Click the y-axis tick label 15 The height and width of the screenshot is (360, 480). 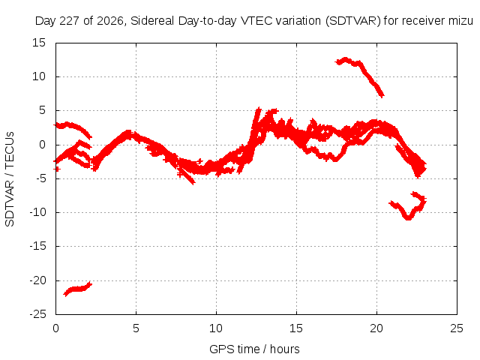39,43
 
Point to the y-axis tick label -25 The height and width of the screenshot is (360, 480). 38,314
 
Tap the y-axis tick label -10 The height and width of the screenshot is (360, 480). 38,212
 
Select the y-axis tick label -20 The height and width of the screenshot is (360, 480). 38,280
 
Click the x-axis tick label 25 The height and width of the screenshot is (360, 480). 457,328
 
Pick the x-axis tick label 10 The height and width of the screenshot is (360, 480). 216,328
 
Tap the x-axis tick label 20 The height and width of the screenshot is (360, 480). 376,328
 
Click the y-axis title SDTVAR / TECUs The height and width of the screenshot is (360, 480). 10,179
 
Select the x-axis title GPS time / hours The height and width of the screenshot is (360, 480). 254,349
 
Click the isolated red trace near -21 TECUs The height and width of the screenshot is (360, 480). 78,289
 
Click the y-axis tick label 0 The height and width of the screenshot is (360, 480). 43,145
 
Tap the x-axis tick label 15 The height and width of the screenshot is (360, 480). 296,328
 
